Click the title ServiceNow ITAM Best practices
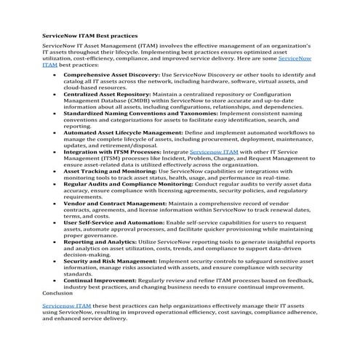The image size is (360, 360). click(89, 35)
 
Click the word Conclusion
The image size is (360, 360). click(58, 292)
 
